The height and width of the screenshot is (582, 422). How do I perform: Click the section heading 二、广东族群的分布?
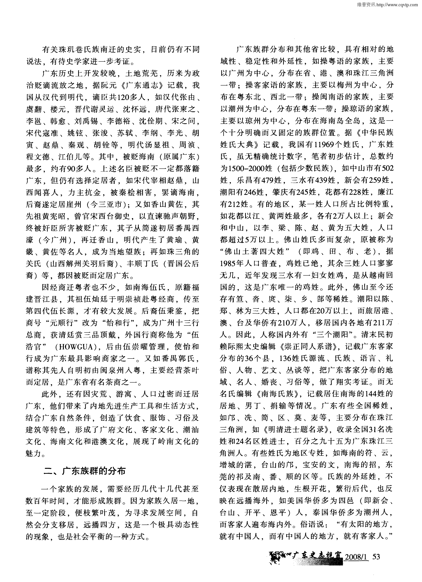(x=85, y=471)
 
